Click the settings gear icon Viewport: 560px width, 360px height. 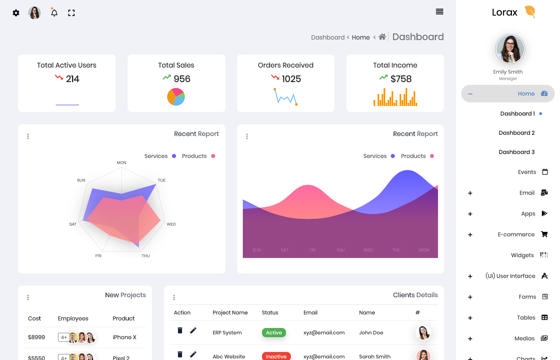click(x=16, y=13)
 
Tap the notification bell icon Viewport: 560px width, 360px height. click(x=54, y=13)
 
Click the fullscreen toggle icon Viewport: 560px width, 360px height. click(x=72, y=13)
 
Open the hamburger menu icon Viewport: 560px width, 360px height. click(x=440, y=12)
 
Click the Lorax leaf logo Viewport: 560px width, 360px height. click(x=530, y=12)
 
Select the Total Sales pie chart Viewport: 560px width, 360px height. click(x=176, y=97)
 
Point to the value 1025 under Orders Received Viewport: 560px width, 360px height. click(x=291, y=79)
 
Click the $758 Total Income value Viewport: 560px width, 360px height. click(x=401, y=79)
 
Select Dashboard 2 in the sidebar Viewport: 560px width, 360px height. click(x=516, y=133)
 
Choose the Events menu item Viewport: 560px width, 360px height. click(x=527, y=172)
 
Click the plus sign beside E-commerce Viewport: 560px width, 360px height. click(x=470, y=235)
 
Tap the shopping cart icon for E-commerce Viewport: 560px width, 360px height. click(x=544, y=234)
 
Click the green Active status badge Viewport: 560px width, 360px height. click(x=274, y=332)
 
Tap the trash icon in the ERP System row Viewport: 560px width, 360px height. click(x=180, y=330)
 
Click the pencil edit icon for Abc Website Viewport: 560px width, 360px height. click(x=193, y=354)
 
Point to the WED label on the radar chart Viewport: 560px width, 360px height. click(x=171, y=224)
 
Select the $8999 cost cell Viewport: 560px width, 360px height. click(x=36, y=337)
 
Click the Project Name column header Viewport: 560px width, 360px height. click(x=230, y=313)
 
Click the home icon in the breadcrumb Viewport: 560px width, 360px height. click(x=382, y=37)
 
